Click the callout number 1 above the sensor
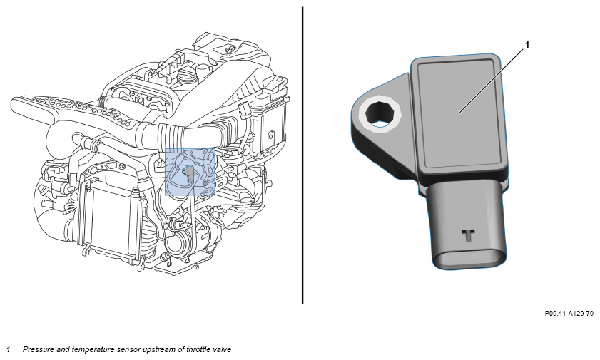527,45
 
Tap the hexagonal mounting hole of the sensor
380,113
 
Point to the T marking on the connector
468,235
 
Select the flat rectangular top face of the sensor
459,114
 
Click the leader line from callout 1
492,81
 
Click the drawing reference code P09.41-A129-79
569,314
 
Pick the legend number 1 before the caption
8,349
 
